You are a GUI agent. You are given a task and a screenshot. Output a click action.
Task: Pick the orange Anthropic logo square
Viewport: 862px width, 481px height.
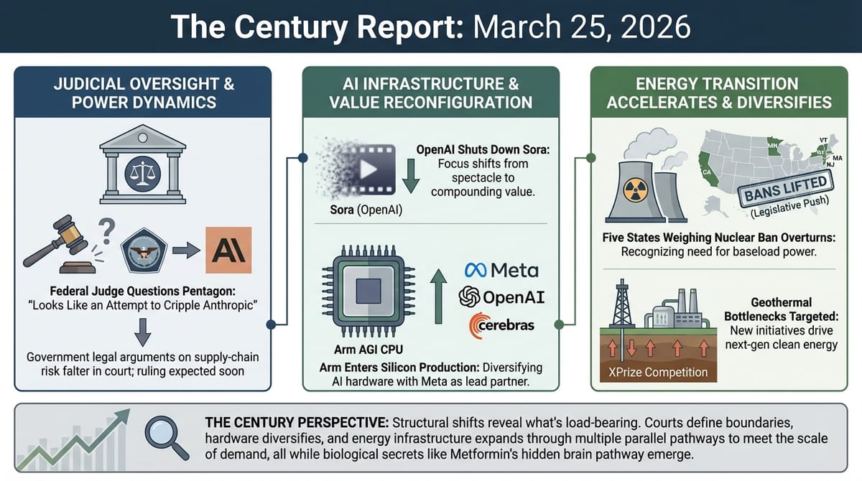228,249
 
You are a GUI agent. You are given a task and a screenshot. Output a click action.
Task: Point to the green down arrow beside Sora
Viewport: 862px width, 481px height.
411,177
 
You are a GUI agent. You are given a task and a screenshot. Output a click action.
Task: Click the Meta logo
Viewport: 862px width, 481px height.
501,270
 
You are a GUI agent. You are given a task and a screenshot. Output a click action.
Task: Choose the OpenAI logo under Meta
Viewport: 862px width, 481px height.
501,296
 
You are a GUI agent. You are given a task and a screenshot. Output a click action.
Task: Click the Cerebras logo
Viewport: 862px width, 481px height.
501,324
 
